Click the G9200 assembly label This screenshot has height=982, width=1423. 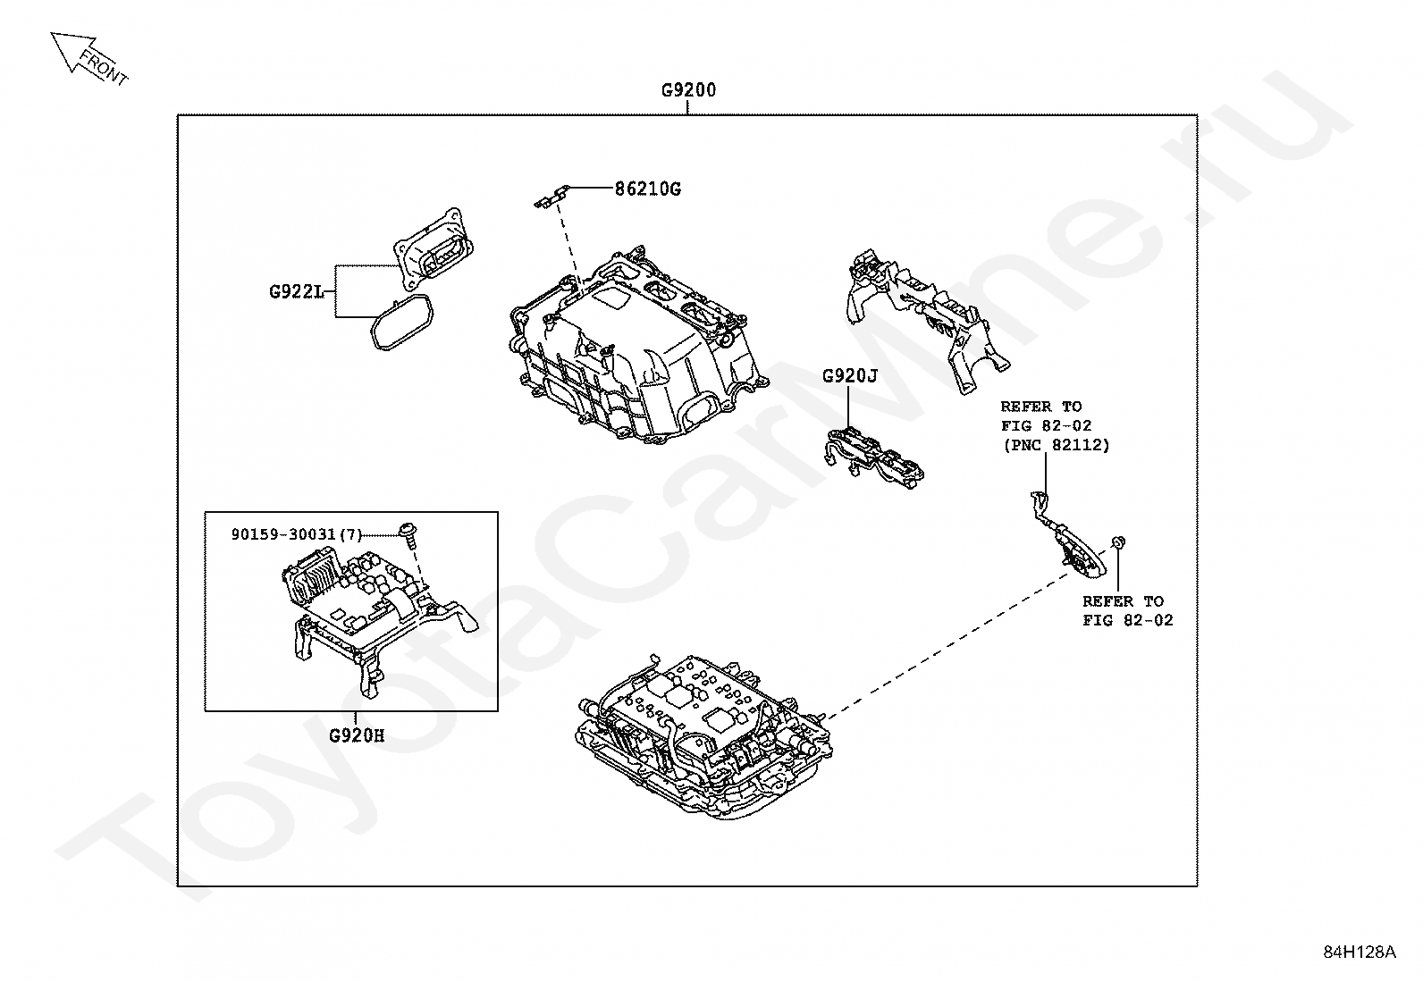click(x=688, y=90)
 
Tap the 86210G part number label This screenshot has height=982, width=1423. click(x=647, y=189)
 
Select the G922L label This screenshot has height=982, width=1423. click(x=296, y=291)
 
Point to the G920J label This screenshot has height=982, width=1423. click(x=850, y=376)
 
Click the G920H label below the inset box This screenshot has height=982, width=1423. click(x=357, y=736)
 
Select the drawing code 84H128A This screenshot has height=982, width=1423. click(x=1359, y=951)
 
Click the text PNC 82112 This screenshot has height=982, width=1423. click(x=1056, y=444)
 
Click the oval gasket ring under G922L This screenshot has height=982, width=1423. click(x=400, y=323)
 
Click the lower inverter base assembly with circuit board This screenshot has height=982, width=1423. click(x=706, y=733)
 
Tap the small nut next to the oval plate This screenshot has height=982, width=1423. click(x=1117, y=542)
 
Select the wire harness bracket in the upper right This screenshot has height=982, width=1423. click(x=925, y=317)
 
